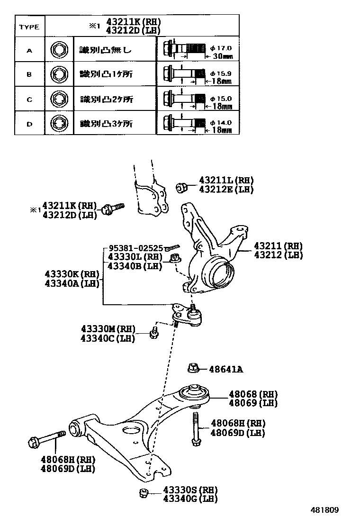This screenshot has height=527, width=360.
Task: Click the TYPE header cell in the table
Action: point(29,27)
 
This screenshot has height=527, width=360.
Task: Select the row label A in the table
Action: point(29,49)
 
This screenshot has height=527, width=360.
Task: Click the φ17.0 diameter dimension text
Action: point(221,48)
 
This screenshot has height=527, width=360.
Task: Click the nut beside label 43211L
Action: point(181,188)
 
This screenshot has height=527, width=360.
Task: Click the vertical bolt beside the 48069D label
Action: point(195,428)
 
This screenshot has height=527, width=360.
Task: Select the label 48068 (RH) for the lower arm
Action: point(253,394)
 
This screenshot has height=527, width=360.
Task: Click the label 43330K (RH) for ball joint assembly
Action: point(72,274)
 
